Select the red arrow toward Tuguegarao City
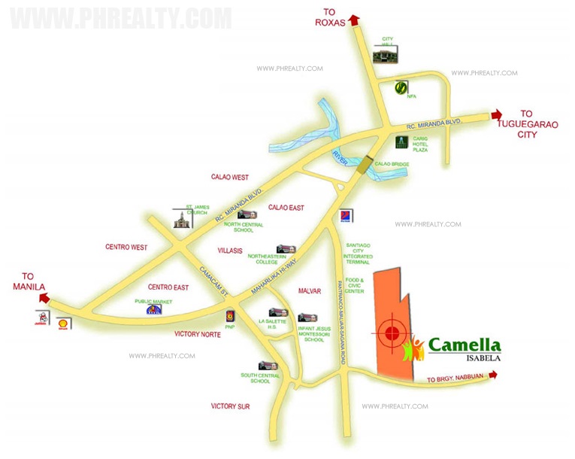495,114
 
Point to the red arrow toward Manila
44,298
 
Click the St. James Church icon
180,220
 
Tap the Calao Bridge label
392,164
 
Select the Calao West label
230,178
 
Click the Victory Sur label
230,406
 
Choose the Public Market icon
153,309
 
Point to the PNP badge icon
230,316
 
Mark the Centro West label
126,247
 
